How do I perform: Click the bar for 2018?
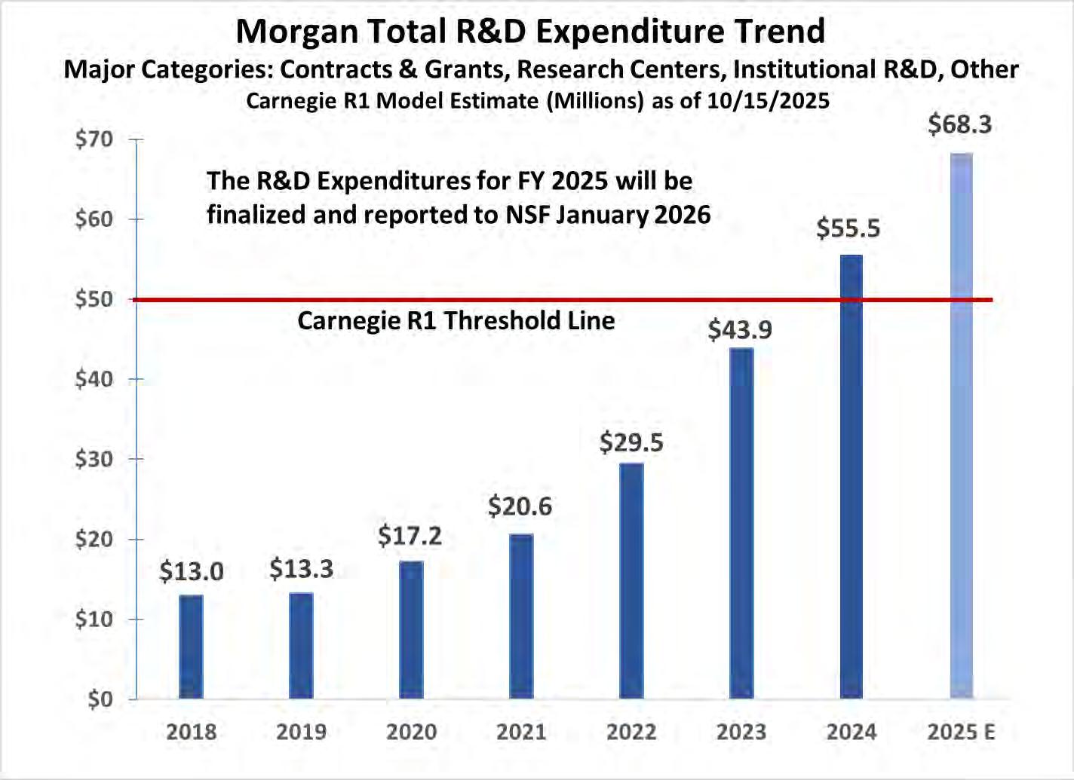191,647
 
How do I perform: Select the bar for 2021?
521,616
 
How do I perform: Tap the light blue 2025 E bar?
961,426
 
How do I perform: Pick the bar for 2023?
741,523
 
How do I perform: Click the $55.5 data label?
848,228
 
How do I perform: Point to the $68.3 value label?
959,124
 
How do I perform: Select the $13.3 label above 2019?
301,569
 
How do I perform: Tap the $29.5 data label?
631,442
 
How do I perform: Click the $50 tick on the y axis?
94,299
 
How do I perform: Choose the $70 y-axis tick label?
94,139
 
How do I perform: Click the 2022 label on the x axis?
631,732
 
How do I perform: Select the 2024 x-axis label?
852,732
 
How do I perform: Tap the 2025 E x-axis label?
961,732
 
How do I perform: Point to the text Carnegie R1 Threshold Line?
456,321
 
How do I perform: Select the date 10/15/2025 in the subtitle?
768,101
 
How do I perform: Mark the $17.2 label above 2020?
410,536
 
